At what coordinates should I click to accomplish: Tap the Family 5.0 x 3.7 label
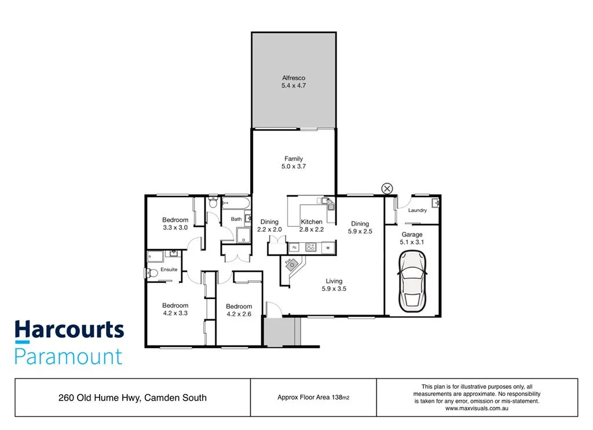click(293, 163)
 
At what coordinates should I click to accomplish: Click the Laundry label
click(417, 210)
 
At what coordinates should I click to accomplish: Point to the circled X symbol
click(387, 188)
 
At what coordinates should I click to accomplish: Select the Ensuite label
click(169, 269)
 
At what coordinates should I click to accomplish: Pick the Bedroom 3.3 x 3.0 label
click(175, 224)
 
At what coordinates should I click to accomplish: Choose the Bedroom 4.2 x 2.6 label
click(239, 310)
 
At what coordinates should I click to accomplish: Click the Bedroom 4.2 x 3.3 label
click(175, 309)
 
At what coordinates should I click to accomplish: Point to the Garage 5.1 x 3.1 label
click(412, 239)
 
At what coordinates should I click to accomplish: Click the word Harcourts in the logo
click(69, 331)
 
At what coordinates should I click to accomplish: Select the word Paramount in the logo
click(68, 356)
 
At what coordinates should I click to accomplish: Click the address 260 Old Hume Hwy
click(133, 398)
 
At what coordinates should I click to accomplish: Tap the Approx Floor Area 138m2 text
click(313, 398)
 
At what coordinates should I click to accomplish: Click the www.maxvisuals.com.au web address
click(477, 409)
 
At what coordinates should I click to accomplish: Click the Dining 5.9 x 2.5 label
click(360, 228)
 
